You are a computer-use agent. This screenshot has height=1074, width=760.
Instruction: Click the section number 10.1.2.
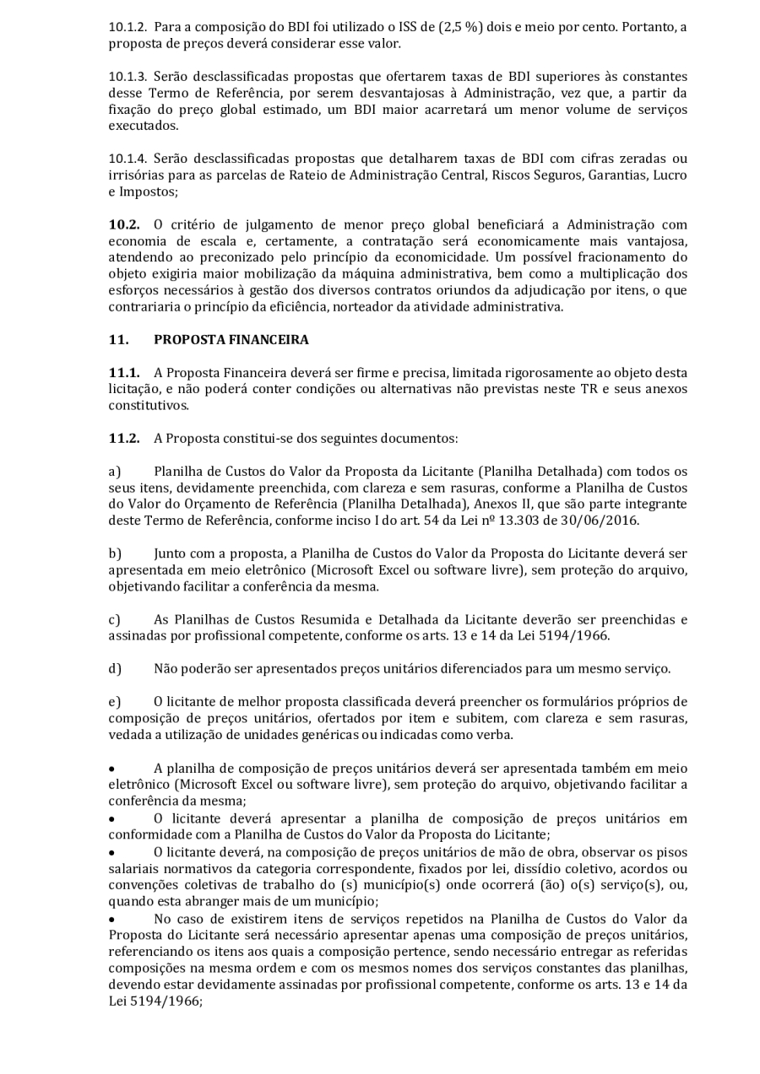coord(126,27)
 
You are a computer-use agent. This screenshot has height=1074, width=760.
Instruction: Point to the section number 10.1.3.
coord(126,77)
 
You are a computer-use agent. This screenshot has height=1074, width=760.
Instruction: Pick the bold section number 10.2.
coord(123,224)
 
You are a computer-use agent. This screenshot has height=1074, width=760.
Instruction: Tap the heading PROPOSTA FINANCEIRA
coord(231,340)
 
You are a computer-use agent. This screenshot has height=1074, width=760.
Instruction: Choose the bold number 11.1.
coord(123,373)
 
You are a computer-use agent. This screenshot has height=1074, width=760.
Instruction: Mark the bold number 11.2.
coord(123,439)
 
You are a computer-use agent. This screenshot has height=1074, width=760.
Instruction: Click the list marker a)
coord(114,472)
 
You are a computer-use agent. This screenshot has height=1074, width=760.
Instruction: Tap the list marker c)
coord(114,620)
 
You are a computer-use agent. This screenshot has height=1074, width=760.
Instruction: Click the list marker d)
coord(114,669)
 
